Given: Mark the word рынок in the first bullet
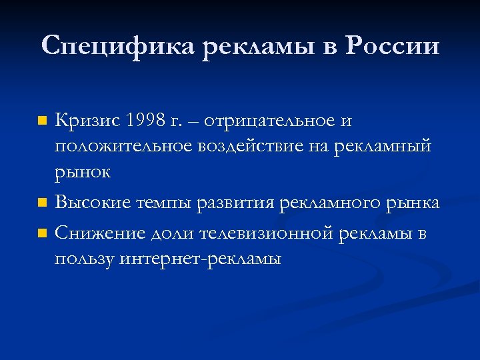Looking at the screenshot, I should pyautogui.click(x=83, y=172).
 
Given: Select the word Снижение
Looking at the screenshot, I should pyautogui.click(x=93, y=233).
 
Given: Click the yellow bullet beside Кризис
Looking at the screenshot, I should pyautogui.click(x=42, y=122).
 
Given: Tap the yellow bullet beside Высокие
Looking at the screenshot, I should pyautogui.click(x=42, y=202).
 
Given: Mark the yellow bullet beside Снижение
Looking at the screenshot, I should pyautogui.click(x=42, y=233).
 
